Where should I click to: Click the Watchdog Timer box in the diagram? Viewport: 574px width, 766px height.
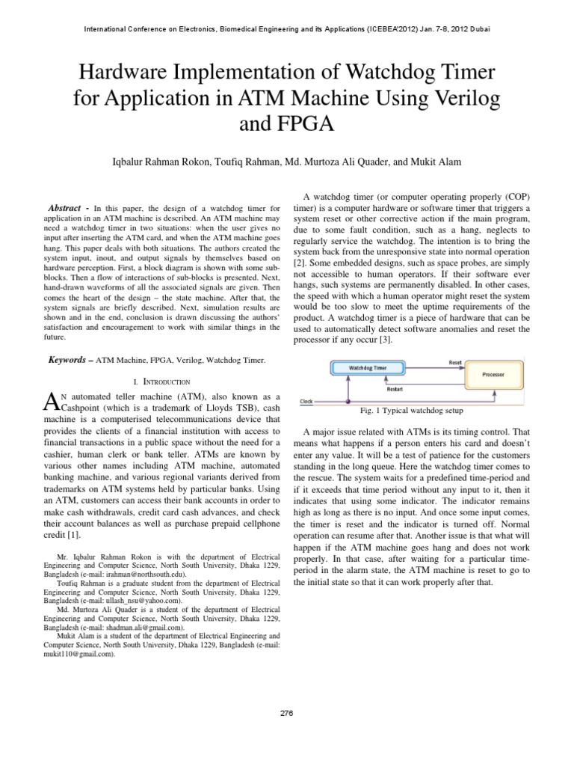pyautogui.click(x=370, y=368)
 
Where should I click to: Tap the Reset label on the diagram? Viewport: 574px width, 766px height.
pyautogui.click(x=455, y=362)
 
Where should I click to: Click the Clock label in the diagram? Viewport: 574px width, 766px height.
pyautogui.click(x=306, y=401)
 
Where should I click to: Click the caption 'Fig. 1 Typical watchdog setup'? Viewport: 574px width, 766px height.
pyautogui.click(x=411, y=411)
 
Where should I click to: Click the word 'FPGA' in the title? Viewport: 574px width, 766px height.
pyautogui.click(x=286, y=123)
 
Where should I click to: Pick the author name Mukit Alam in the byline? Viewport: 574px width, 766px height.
pyautogui.click(x=438, y=161)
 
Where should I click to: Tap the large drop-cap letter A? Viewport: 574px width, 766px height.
pyautogui.click(x=52, y=402)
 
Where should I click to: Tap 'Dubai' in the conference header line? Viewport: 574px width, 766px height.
pyautogui.click(x=479, y=29)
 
